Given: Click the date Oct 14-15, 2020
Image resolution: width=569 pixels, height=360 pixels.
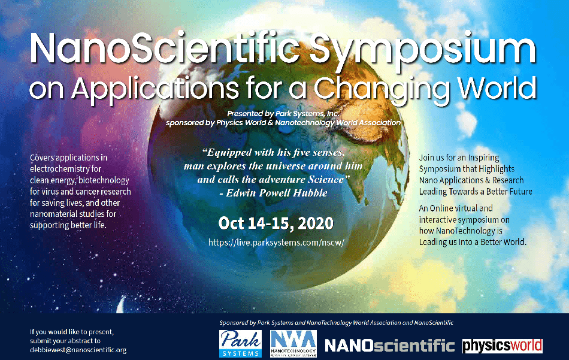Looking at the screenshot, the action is (x=276, y=223).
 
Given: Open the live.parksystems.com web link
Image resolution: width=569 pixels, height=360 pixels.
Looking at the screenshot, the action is (x=276, y=243).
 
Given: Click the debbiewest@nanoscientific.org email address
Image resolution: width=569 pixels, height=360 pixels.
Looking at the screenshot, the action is (x=78, y=350).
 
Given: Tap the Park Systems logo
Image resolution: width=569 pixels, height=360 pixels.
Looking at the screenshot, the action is (x=240, y=343).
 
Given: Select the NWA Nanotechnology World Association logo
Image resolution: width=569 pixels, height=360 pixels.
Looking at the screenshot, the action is (x=293, y=343).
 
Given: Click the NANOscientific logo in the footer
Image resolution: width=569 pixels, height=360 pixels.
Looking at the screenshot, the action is (x=389, y=346).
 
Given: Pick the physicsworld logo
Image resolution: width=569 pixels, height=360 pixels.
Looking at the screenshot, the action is (x=503, y=346).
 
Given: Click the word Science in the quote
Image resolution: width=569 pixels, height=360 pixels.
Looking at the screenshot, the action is (x=326, y=180).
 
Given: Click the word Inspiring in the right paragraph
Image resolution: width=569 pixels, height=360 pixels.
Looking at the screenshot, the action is (x=483, y=158).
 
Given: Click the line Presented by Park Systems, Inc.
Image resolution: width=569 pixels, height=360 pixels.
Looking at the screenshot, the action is (x=283, y=114).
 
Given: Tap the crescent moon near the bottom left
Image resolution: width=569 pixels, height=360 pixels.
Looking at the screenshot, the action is (x=120, y=304).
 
